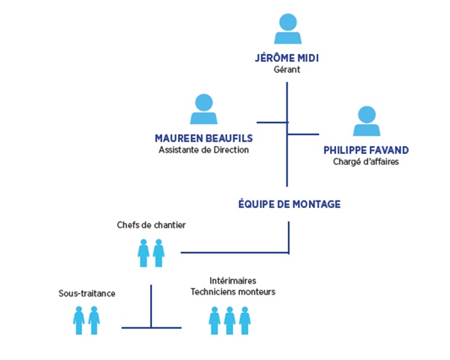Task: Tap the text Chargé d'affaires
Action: (x=366, y=162)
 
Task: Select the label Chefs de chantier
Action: (x=151, y=224)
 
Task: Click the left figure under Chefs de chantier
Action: (x=144, y=252)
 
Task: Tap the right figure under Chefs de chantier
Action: (x=159, y=252)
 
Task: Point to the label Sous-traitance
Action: (x=87, y=293)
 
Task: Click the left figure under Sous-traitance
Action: (x=79, y=320)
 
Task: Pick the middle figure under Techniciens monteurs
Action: (x=230, y=320)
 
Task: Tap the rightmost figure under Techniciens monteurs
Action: (x=244, y=320)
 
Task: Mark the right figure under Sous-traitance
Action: (x=94, y=320)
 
